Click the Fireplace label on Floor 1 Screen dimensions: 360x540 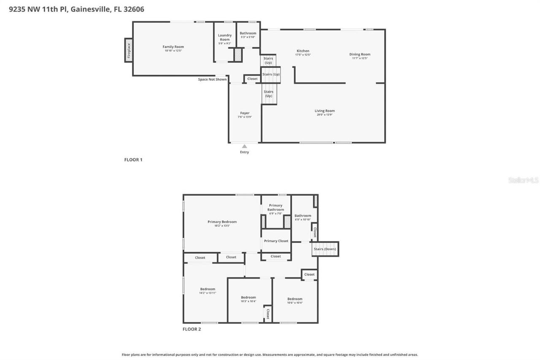[x=129, y=50]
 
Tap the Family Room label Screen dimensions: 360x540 [x=173, y=47]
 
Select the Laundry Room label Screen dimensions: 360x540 [x=224, y=38]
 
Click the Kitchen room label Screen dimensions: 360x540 [x=302, y=51]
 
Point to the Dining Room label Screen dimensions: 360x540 [x=359, y=54]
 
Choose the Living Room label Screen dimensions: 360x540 [x=324, y=111]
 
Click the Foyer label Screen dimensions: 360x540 [x=245, y=113]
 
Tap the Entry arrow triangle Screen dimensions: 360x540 [x=244, y=146]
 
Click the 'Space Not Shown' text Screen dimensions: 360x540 [x=212, y=79]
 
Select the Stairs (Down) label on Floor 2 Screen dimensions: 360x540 [x=325, y=249]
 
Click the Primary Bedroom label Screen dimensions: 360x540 [x=222, y=222]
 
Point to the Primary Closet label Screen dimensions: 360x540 [x=276, y=241]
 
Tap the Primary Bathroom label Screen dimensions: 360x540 [x=275, y=207]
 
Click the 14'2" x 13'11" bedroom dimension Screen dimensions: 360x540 [x=208, y=293]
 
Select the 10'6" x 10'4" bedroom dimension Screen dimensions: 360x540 [x=295, y=303]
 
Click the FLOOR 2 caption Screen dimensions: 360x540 [x=192, y=329]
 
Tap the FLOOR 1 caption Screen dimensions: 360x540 [x=133, y=160]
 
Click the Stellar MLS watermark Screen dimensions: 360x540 [x=523, y=180]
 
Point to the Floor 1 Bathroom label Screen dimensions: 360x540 [x=248, y=33]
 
